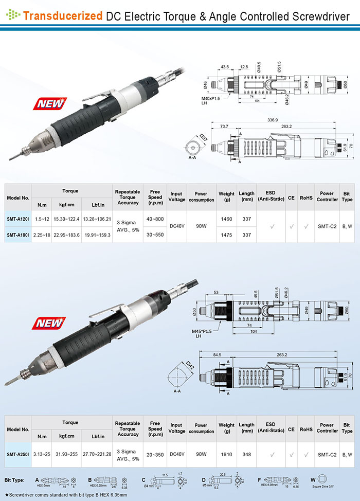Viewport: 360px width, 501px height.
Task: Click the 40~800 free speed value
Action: (155, 219)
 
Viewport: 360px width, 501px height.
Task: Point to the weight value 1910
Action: (226, 455)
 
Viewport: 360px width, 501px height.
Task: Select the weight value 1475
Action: (226, 235)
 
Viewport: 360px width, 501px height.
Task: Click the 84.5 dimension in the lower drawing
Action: (217, 354)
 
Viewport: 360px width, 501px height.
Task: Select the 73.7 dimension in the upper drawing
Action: (224, 126)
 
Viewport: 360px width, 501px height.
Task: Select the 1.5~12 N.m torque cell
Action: (42, 219)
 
